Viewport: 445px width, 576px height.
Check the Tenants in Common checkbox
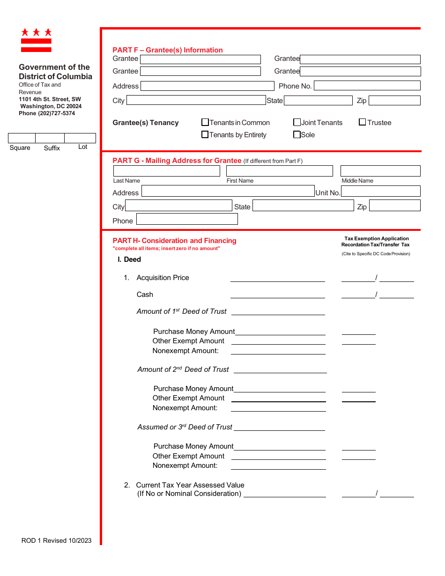(205, 123)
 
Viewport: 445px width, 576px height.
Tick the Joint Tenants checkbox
(297, 123)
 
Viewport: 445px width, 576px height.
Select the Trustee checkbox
(363, 123)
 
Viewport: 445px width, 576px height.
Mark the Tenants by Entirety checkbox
(205, 135)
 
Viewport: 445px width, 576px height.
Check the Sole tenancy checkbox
(297, 135)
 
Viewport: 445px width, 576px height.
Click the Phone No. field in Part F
(367, 86)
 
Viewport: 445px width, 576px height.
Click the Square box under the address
(22, 138)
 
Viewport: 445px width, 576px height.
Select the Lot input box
(80, 138)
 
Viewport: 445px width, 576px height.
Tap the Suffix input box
(50, 138)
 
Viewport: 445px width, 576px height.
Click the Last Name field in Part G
(166, 171)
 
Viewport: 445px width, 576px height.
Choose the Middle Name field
(380, 171)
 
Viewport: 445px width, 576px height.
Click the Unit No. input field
(380, 192)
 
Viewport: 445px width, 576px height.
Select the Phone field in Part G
(187, 219)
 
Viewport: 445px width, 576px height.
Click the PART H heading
(174, 241)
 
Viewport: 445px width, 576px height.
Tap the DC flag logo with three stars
(36, 40)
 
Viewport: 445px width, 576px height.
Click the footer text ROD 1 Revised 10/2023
(57, 540)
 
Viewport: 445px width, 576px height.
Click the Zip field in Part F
(394, 101)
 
